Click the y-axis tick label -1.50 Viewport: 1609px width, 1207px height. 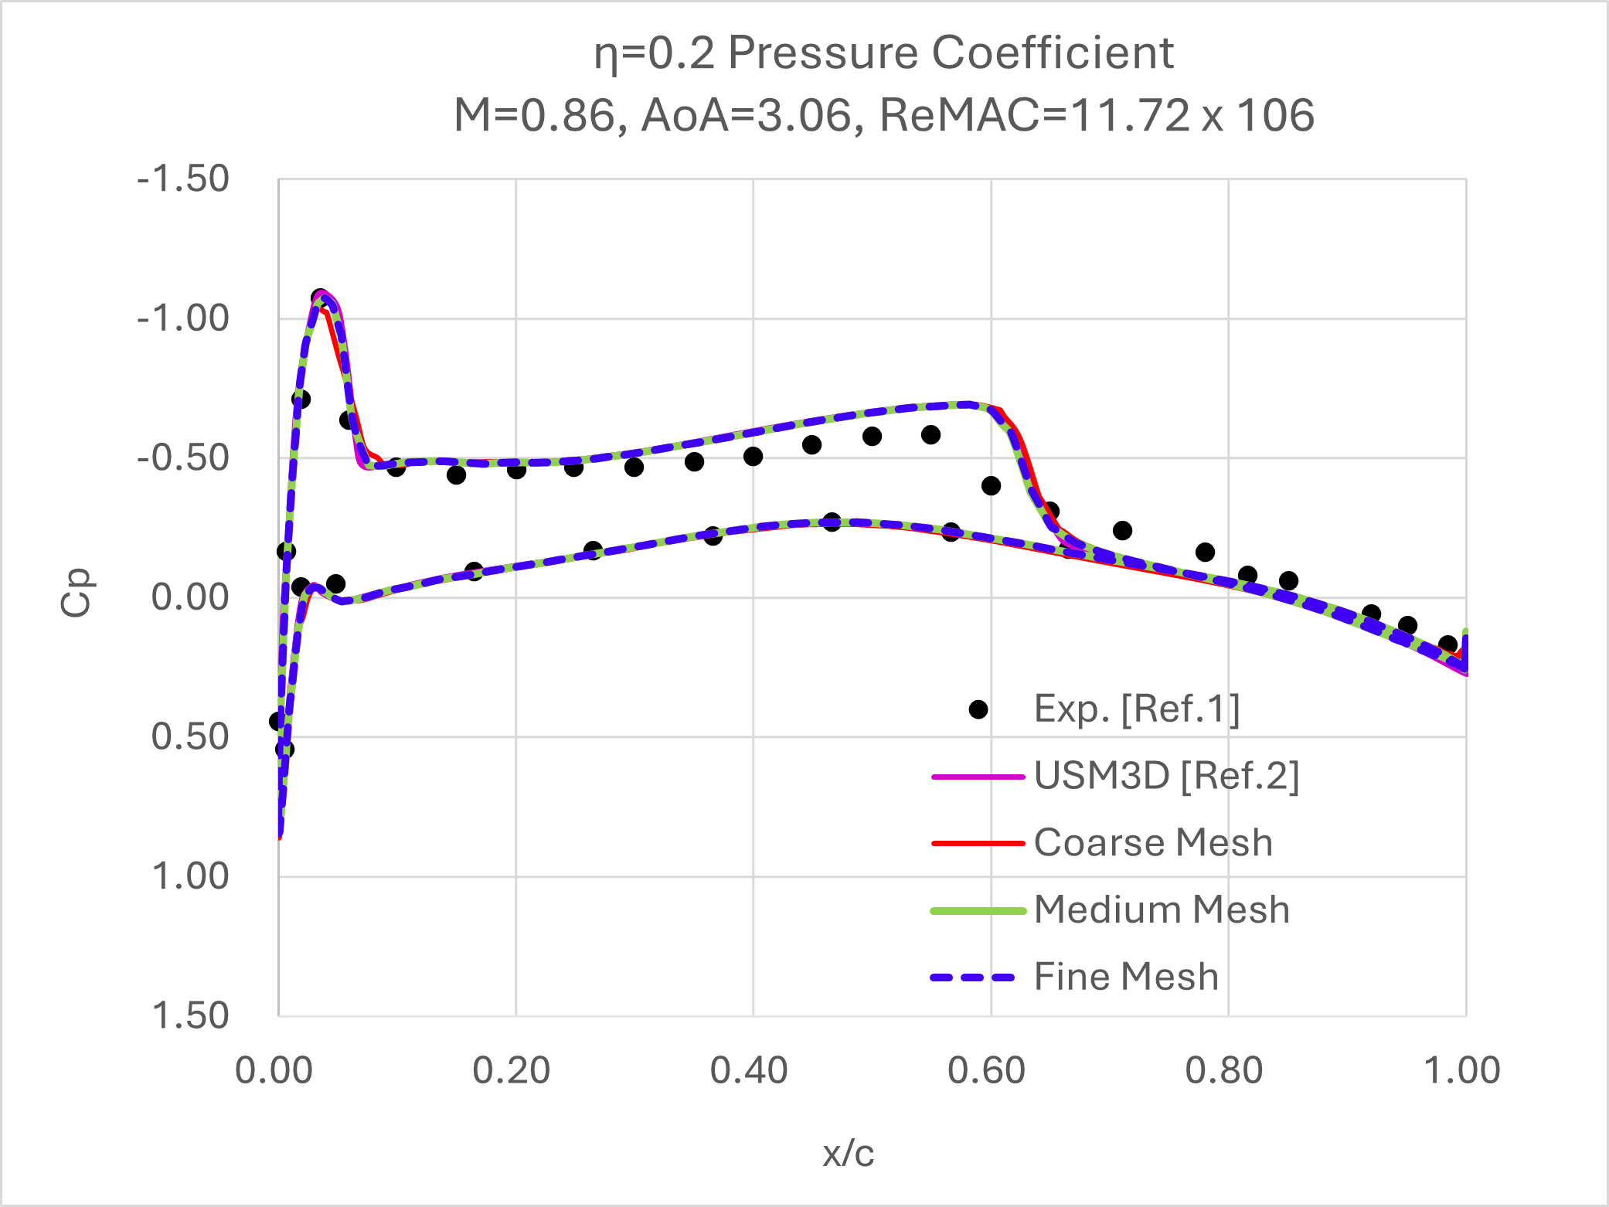(x=183, y=179)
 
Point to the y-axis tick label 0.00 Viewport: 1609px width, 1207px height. (x=190, y=597)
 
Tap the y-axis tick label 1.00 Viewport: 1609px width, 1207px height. (x=190, y=876)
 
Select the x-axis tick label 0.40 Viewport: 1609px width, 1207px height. (x=749, y=1071)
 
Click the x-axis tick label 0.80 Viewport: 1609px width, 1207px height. (x=1224, y=1071)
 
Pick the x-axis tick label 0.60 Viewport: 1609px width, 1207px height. (x=987, y=1071)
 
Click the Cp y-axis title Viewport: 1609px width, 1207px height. (x=76, y=593)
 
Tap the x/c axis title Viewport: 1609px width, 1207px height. (x=848, y=1154)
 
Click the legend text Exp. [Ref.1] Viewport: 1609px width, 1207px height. (x=1137, y=709)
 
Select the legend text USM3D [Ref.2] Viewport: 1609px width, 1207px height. (x=1166, y=776)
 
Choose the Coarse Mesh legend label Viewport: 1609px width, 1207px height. (x=1153, y=842)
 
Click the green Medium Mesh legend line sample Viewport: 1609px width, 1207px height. (x=978, y=911)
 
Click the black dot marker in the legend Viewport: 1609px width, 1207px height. (x=978, y=709)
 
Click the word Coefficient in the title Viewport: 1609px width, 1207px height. (x=1053, y=53)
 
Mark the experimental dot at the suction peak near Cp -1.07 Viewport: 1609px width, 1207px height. (x=319, y=297)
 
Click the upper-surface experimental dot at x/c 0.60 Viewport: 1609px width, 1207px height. (x=991, y=485)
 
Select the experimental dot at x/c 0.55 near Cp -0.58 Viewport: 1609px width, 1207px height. (x=930, y=435)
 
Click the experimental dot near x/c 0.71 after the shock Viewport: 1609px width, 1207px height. (x=1122, y=530)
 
